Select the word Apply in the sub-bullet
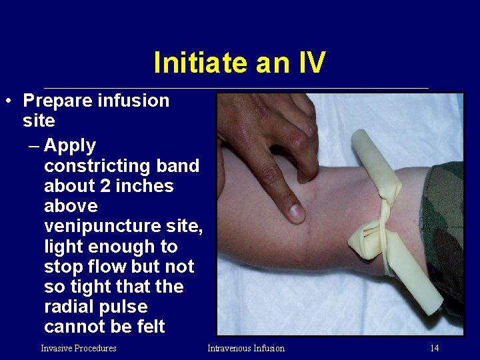tap(70, 145)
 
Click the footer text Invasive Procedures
tap(79, 348)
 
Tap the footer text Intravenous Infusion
tap(246, 348)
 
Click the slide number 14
tap(434, 348)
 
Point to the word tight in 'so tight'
tap(88, 287)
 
